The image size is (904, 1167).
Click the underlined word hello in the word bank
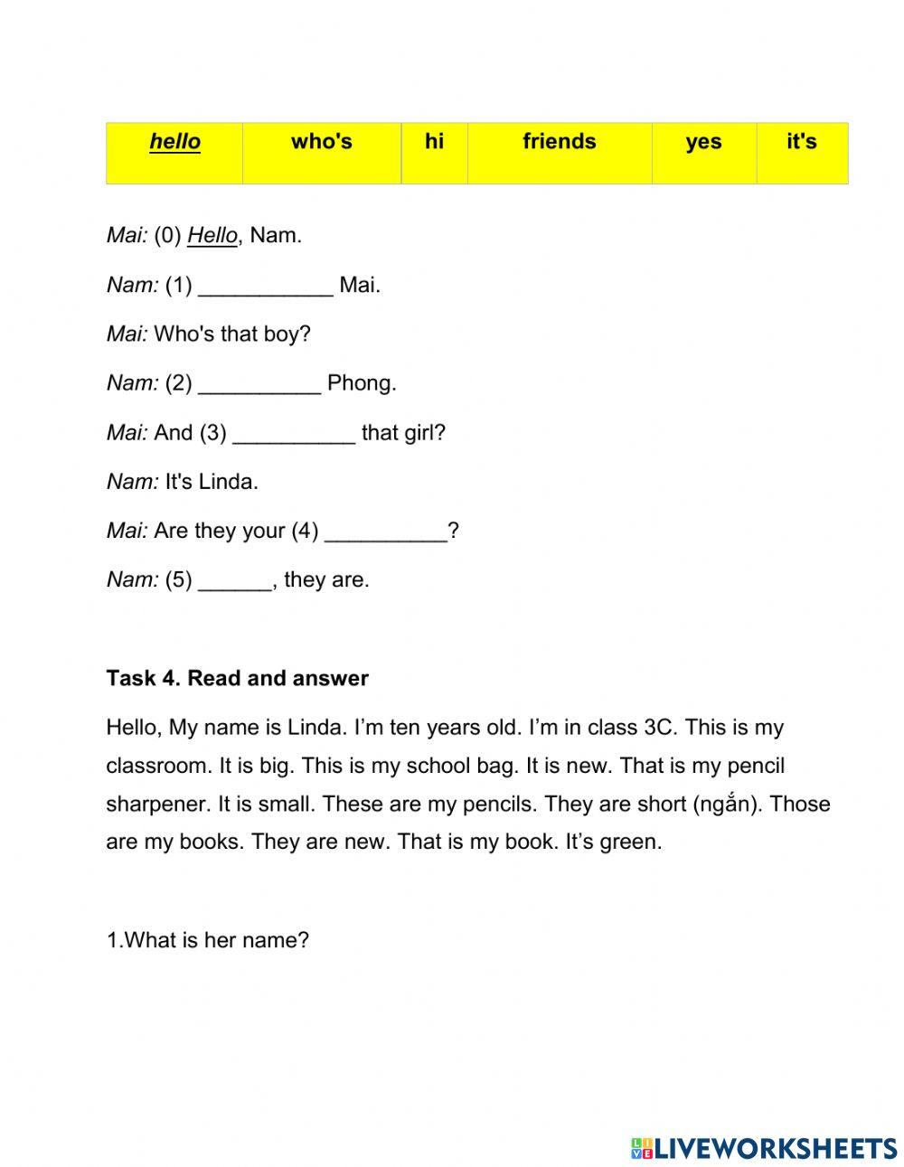pos(174,142)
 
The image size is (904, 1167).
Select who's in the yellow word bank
pos(321,142)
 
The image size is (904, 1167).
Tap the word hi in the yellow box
pos(434,142)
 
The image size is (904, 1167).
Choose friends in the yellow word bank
pos(559,142)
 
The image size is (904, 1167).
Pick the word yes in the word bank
pos(703,142)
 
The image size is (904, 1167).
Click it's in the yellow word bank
pos(801,142)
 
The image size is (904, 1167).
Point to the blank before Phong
pos(259,385)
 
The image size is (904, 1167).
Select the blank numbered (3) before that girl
pos(294,435)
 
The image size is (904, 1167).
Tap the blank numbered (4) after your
pos(385,533)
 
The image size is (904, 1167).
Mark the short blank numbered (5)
pos(234,582)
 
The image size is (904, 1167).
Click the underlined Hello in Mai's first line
pos(212,236)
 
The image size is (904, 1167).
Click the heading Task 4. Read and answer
pos(237,678)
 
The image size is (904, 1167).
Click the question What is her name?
pos(207,940)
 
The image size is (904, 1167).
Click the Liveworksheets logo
pos(763,1148)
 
